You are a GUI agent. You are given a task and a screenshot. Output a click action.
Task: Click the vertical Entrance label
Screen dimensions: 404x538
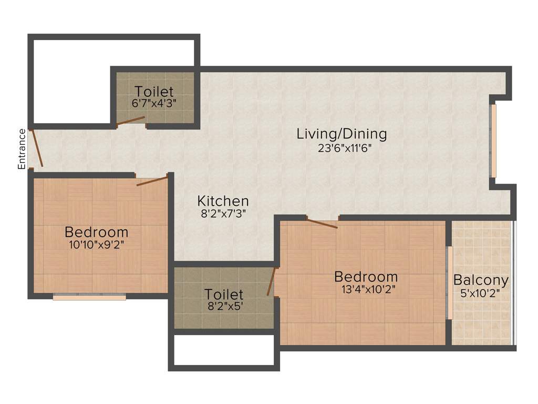[22, 149]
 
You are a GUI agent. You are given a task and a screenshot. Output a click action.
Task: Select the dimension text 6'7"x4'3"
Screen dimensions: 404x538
[154, 103]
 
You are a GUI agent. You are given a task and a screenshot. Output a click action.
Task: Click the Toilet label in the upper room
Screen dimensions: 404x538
[154, 92]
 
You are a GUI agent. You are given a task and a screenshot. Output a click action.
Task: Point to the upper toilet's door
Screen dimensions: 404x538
[131, 122]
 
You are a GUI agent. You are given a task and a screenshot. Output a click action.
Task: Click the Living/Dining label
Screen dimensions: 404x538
[342, 134]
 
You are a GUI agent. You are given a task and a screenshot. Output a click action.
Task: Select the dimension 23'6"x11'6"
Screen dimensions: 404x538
[345, 148]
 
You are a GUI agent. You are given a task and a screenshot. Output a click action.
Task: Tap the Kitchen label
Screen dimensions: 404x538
[223, 200]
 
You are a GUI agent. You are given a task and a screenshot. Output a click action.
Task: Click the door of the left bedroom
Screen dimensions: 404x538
[152, 181]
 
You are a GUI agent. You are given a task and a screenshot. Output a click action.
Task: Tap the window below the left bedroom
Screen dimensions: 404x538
[89, 297]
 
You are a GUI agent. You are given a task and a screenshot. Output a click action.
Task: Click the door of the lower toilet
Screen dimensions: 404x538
[271, 281]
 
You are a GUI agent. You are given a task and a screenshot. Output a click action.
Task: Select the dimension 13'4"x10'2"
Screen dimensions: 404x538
[366, 289]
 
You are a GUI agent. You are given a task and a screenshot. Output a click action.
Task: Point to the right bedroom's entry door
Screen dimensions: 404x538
[322, 224]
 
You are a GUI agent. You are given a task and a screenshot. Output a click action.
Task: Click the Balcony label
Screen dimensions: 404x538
[481, 280]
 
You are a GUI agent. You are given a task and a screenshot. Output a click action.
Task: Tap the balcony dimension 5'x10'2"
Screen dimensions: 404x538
[481, 293]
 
